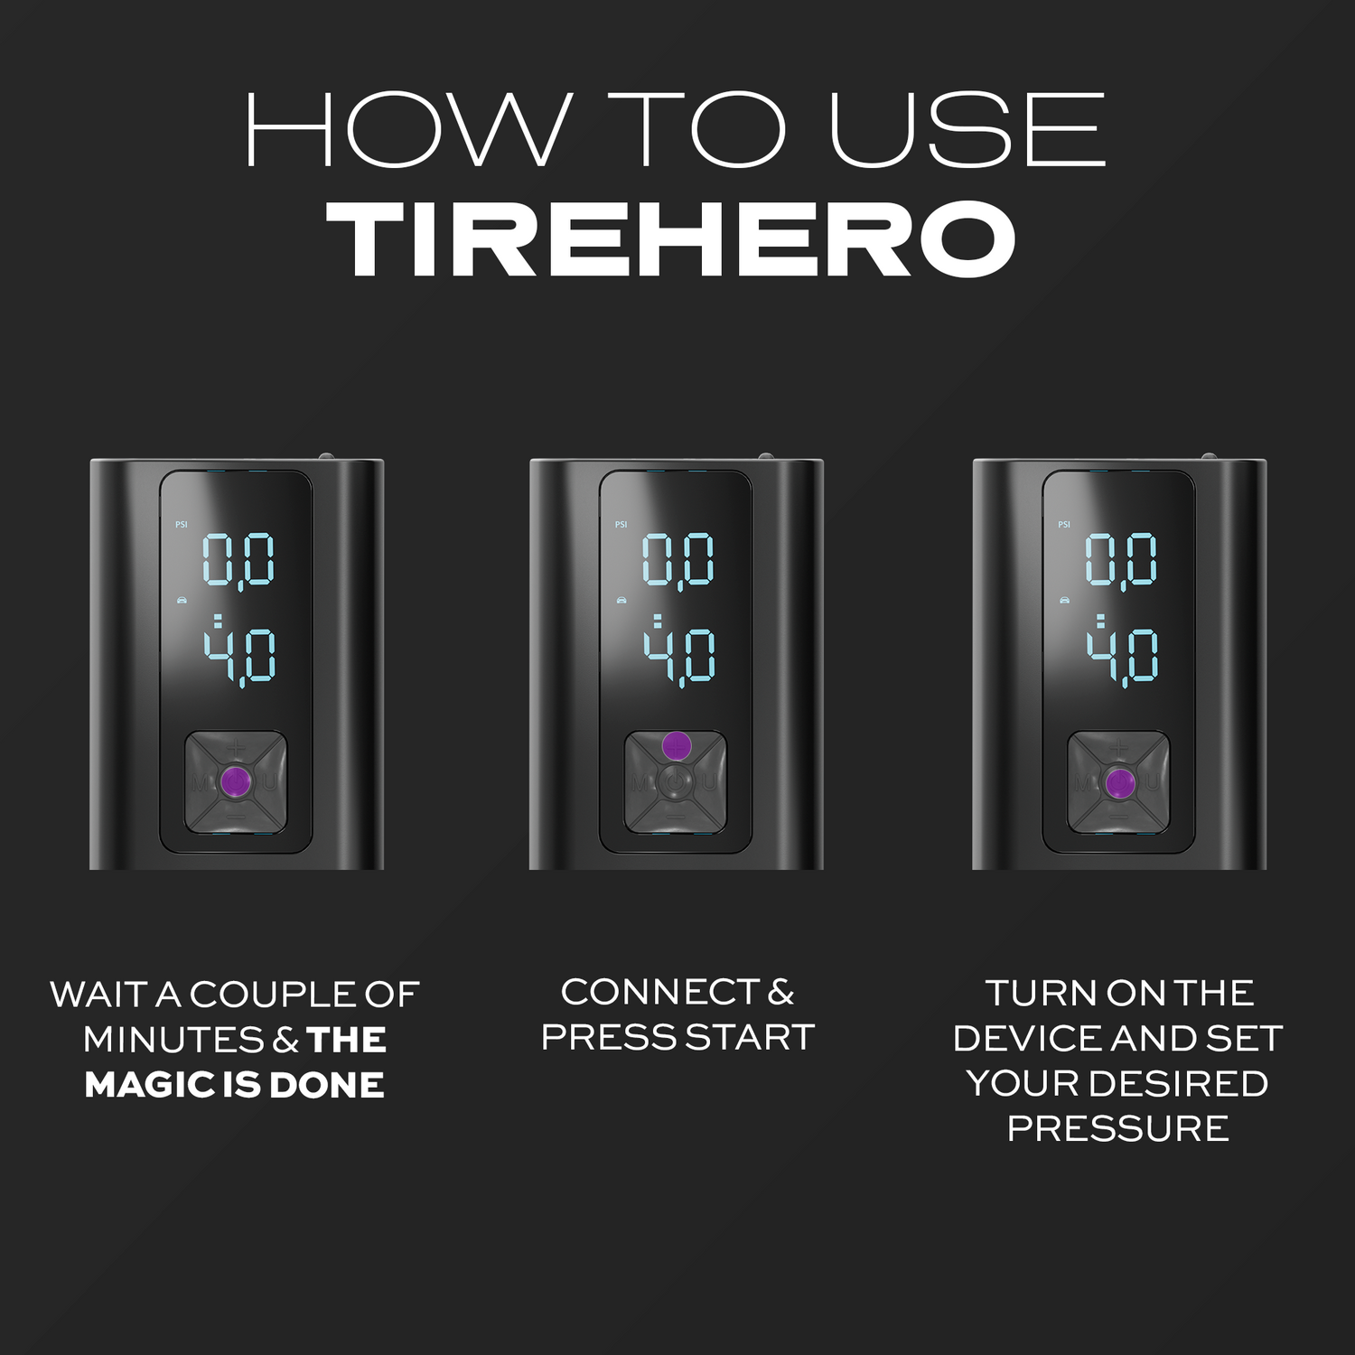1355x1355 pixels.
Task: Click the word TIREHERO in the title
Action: click(673, 239)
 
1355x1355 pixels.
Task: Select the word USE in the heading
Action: click(967, 129)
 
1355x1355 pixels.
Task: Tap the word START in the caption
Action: click(750, 1037)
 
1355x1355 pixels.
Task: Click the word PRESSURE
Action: click(1118, 1128)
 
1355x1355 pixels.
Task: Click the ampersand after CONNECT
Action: click(781, 992)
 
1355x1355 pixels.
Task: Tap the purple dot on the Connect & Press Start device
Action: click(677, 745)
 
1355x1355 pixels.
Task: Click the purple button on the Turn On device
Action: click(1118, 782)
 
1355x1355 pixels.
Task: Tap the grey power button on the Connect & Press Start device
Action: click(676, 782)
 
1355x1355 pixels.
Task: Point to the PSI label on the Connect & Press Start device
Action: click(621, 525)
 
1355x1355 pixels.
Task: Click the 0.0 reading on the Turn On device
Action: click(1120, 560)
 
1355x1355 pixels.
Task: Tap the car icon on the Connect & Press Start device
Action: click(621, 599)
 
